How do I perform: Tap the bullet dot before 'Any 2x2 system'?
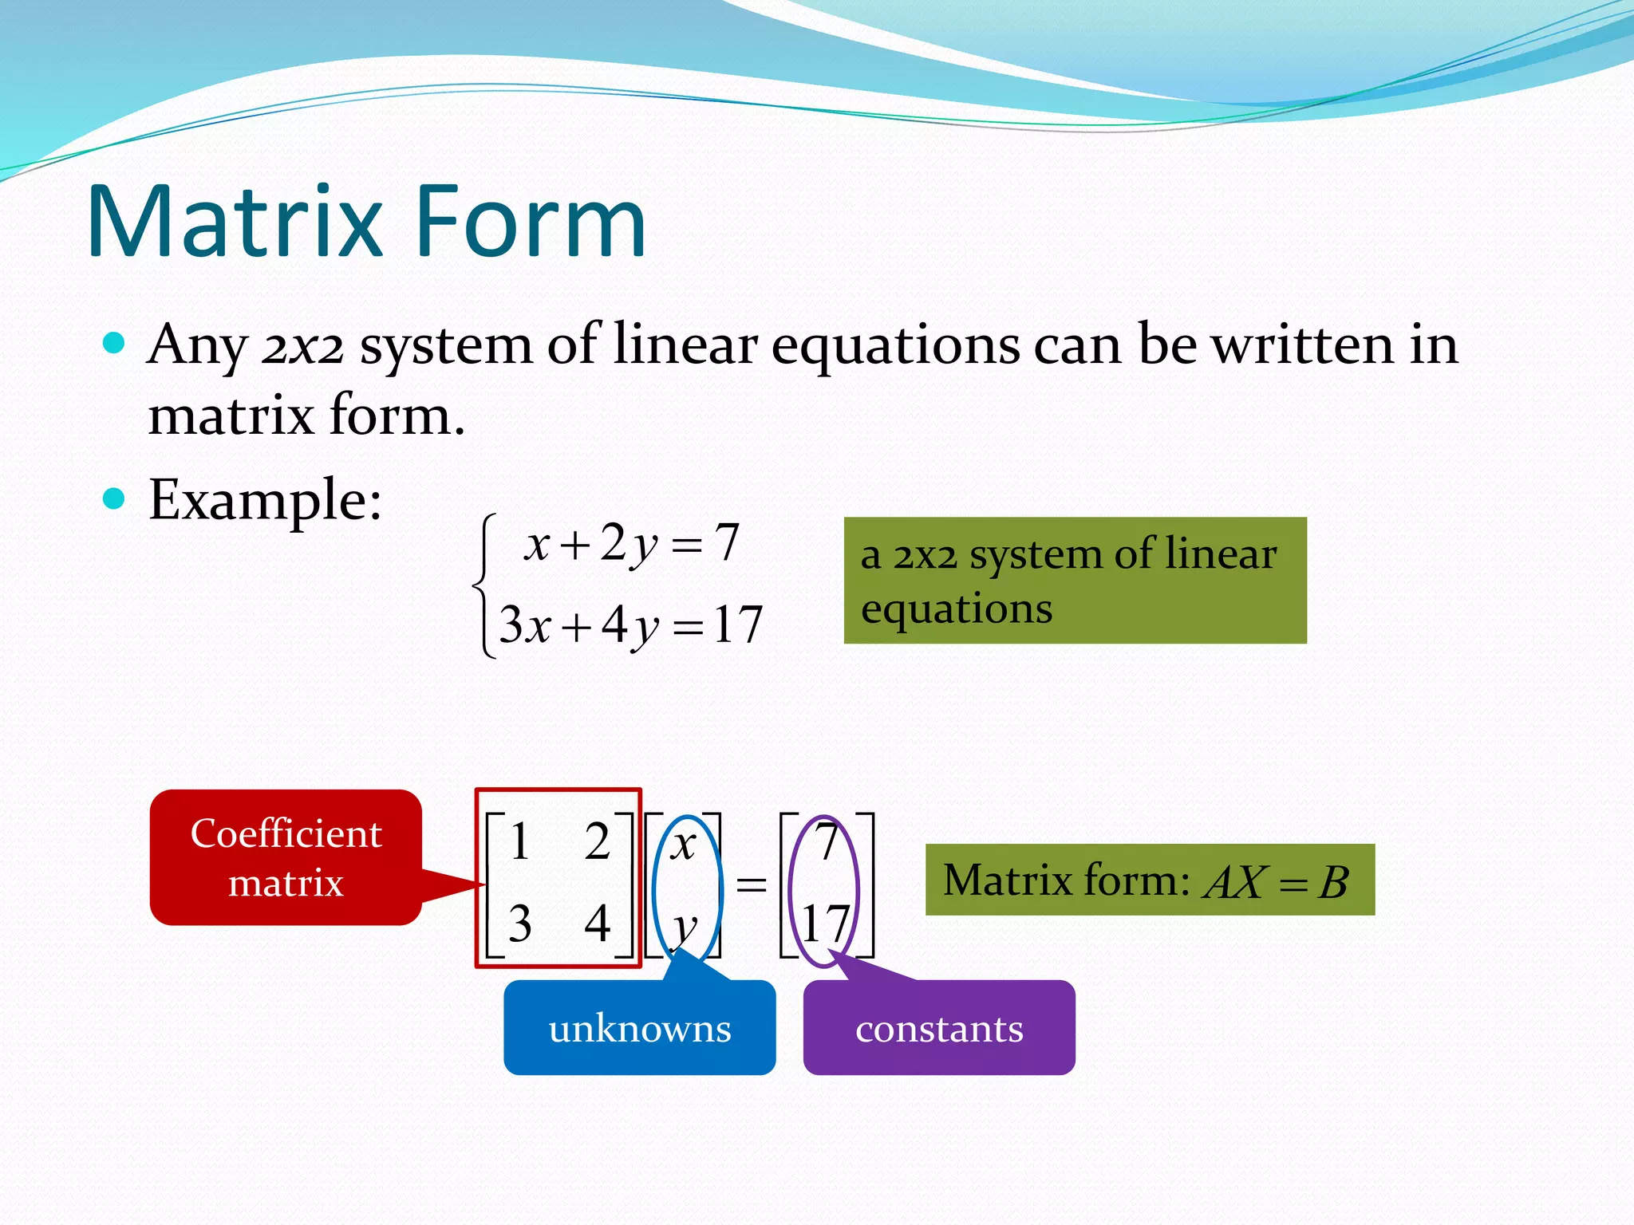[115, 344]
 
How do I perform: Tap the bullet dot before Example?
[115, 499]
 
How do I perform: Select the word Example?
[265, 501]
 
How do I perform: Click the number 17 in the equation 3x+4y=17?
[738, 624]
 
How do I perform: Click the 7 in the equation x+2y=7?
[726, 542]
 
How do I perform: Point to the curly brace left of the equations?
[483, 586]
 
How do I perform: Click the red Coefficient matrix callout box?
[286, 857]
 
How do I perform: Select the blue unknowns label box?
[639, 1028]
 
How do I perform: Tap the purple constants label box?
[939, 1028]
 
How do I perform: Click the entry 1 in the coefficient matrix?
[519, 841]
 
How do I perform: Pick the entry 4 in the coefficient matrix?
[597, 924]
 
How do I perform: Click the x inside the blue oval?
[683, 844]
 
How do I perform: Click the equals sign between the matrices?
[751, 884]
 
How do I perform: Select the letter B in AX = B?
[1333, 883]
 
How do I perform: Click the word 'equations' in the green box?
[957, 609]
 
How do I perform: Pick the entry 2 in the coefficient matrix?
[597, 841]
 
